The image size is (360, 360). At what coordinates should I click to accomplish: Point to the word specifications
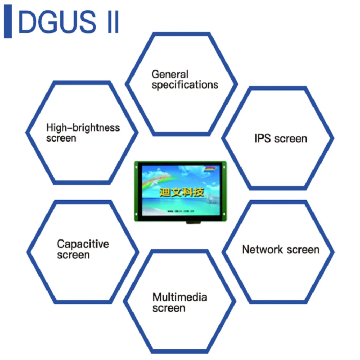[184, 85]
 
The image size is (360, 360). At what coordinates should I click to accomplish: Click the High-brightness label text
[83, 128]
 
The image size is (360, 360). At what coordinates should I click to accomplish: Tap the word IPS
[262, 139]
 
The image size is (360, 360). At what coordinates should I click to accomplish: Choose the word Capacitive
[83, 244]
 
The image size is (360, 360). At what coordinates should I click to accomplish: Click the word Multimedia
[180, 297]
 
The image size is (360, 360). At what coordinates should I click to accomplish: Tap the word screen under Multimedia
[169, 309]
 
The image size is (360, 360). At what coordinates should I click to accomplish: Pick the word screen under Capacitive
[73, 255]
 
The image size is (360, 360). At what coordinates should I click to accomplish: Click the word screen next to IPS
[291, 139]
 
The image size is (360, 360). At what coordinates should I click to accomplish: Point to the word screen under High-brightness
[61, 138]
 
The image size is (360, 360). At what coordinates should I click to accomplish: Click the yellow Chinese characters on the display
[181, 193]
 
